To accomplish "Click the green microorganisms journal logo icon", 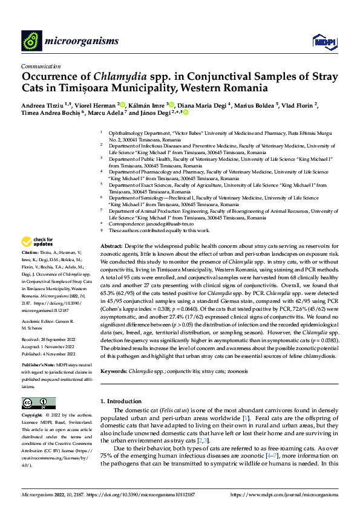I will click(x=32, y=41).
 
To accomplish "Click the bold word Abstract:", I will click(x=111, y=247).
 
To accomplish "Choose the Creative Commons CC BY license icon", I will click(x=38, y=403).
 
